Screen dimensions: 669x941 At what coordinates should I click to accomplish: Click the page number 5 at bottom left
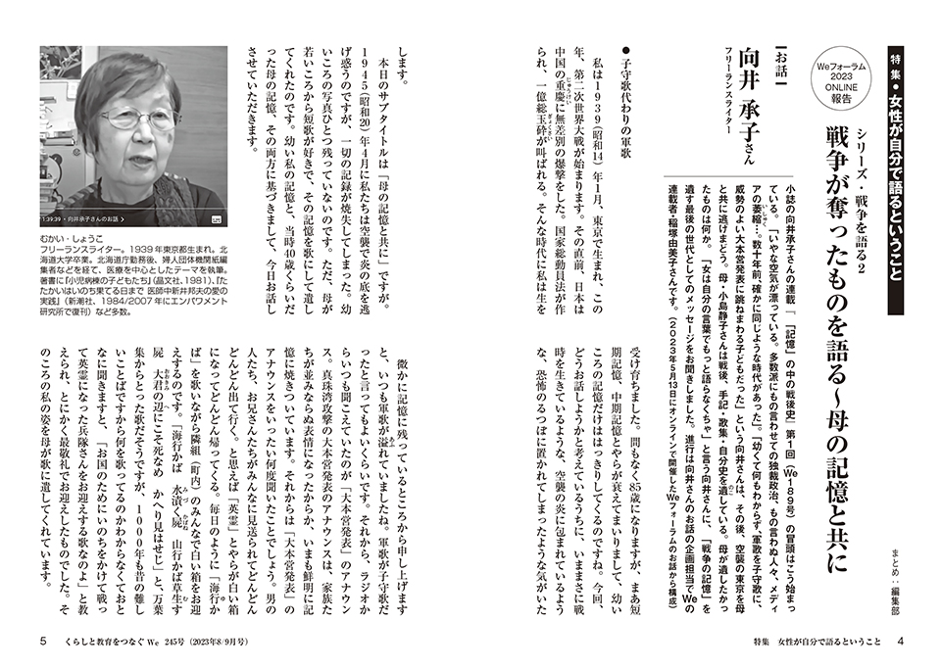tap(41, 643)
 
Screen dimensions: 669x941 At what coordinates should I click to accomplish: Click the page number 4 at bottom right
tap(899, 643)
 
